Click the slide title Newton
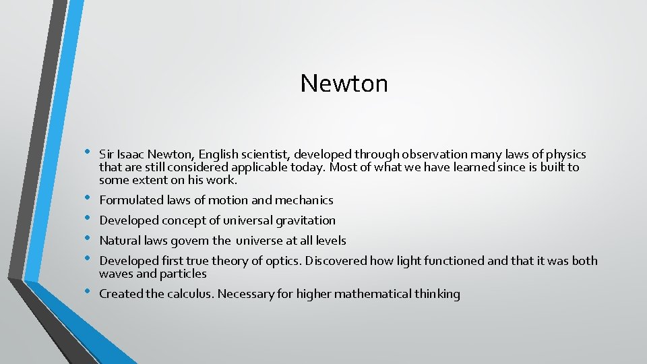coord(344,84)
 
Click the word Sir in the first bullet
coord(106,154)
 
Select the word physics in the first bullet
coord(567,154)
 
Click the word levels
coord(330,241)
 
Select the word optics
coord(281,261)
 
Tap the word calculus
coord(191,294)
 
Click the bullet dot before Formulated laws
coord(86,199)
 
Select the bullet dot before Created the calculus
coord(86,293)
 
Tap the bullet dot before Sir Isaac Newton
coord(86,153)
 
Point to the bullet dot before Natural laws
coord(86,239)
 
